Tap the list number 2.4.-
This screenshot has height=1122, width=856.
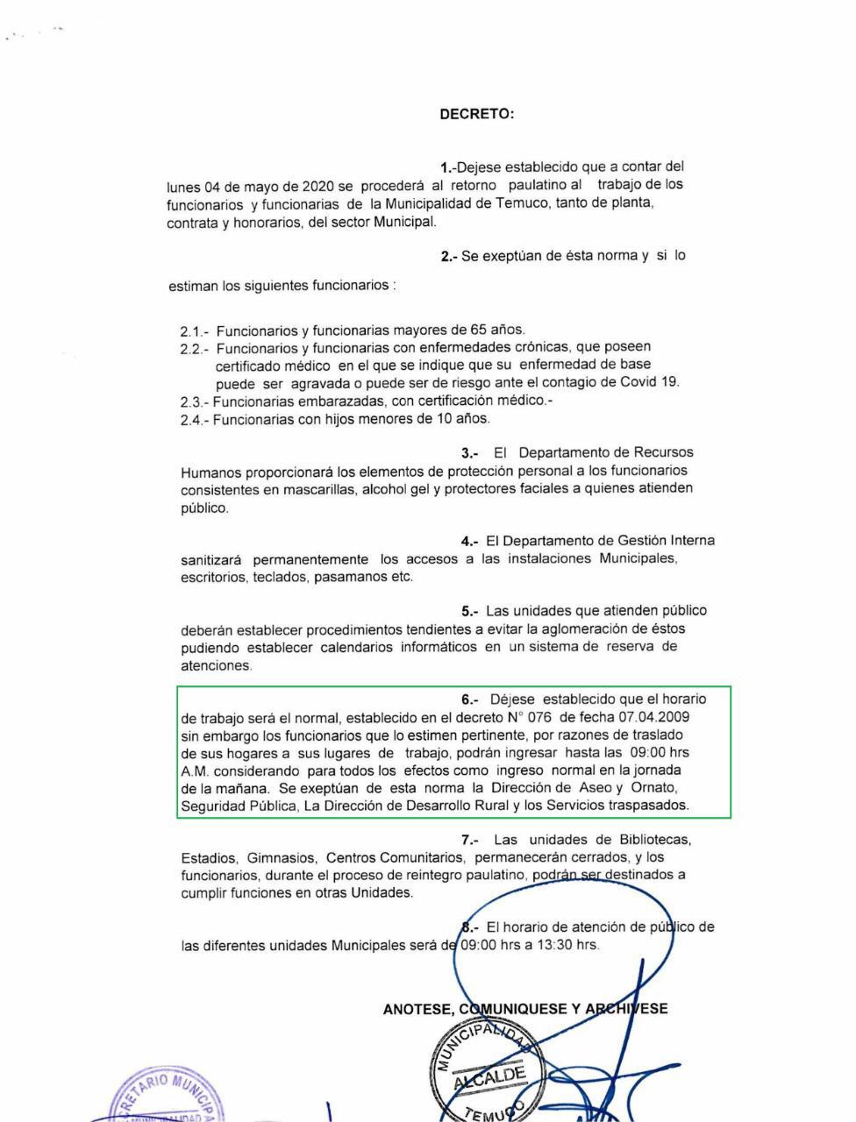[x=193, y=419]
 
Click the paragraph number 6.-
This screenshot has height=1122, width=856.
[x=470, y=699]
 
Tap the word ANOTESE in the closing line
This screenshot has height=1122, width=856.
[x=417, y=1009]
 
